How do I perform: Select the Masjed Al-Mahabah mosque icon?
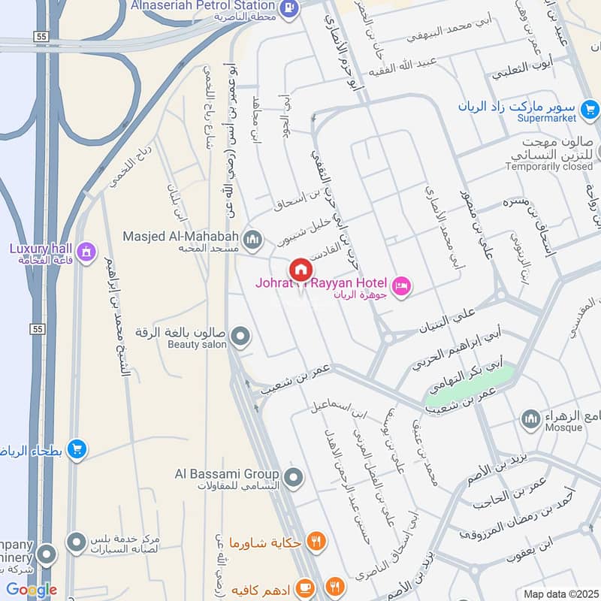click(x=253, y=239)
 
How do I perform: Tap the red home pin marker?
click(x=300, y=269)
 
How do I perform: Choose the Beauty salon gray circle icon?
click(x=240, y=337)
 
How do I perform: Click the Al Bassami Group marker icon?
click(x=294, y=476)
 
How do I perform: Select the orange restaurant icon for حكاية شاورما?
click(x=317, y=540)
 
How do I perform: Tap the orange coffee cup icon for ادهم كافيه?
click(x=305, y=585)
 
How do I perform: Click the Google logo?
click(x=31, y=590)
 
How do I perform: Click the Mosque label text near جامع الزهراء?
click(x=563, y=427)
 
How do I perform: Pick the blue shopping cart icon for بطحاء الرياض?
click(x=76, y=450)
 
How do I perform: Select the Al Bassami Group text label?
click(x=227, y=474)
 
